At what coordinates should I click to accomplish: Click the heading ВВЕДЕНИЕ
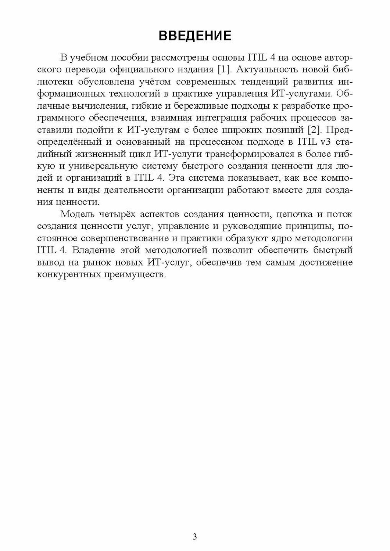(x=195, y=36)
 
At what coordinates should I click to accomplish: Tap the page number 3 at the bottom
(x=195, y=537)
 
